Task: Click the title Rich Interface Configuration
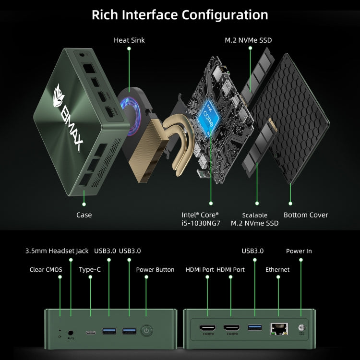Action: pos(180,15)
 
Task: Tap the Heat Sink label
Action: pos(129,40)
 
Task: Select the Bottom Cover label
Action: pos(306,215)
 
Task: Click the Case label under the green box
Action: pos(84,215)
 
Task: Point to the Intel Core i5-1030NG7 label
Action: pos(200,219)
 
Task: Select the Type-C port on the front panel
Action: pos(90,331)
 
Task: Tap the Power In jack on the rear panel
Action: pos(302,328)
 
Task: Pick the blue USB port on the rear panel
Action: pos(254,327)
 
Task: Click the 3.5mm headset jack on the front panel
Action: pos(71,332)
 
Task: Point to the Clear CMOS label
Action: pos(46,270)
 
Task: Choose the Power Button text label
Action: pos(155,270)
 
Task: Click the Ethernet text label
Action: pos(277,270)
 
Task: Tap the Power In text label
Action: pos(299,251)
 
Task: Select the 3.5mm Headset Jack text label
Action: pos(57,251)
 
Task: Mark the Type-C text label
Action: pos(90,270)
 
